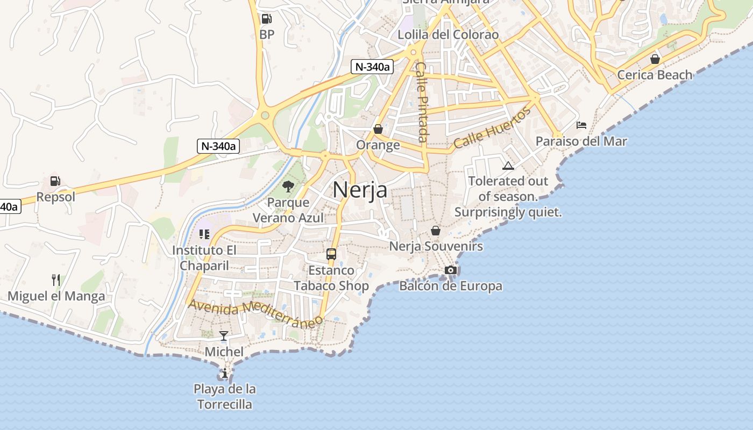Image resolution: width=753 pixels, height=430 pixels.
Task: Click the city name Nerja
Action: coord(360,190)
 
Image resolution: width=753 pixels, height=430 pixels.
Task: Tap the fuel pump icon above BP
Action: coord(266,19)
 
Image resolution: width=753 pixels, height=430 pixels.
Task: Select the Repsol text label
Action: coord(56,197)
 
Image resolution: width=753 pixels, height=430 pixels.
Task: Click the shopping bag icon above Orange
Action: coord(378,129)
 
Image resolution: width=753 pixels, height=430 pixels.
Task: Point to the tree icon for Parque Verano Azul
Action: coord(288,187)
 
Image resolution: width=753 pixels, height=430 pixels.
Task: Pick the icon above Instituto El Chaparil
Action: coord(204,234)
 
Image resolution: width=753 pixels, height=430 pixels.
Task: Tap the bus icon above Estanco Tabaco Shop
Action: coord(331,254)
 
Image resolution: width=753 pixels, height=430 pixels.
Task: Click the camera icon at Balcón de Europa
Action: coord(451,270)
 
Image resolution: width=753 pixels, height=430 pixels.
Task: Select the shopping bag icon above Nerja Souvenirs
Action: coord(436,231)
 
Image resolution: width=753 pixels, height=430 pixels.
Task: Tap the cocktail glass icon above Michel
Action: coord(224,336)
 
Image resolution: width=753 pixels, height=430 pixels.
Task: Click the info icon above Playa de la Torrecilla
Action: coord(224,373)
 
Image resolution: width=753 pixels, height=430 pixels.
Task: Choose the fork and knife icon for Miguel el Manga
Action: coord(55,280)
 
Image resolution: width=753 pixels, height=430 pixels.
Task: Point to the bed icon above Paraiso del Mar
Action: coord(581,125)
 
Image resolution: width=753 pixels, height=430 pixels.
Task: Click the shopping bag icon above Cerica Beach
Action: coord(655,59)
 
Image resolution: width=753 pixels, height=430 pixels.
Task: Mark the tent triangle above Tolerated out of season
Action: coord(508,166)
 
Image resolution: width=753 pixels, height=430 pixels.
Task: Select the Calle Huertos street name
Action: coord(492,128)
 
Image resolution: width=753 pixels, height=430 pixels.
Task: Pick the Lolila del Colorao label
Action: coord(448,35)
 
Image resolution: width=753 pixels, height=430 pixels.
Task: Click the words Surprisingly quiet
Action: coord(508,212)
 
